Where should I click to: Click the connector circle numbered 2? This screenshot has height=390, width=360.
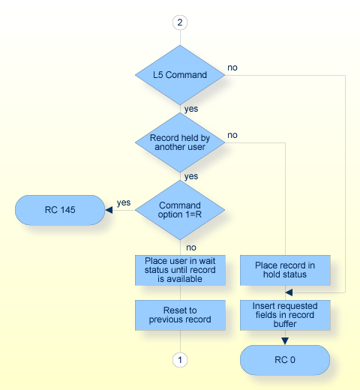pyautogui.click(x=179, y=22)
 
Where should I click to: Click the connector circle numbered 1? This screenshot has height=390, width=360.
pyautogui.click(x=179, y=360)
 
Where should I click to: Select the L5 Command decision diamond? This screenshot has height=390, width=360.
pyautogui.click(x=179, y=75)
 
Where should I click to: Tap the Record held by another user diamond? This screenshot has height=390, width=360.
pyautogui.click(x=179, y=142)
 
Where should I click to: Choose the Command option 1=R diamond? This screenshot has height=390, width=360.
pyautogui.click(x=179, y=210)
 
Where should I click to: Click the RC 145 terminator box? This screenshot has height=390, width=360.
pyautogui.click(x=60, y=210)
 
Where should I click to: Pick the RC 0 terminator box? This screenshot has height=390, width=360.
pyautogui.click(x=285, y=360)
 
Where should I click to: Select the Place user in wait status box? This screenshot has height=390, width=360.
pyautogui.click(x=179, y=270)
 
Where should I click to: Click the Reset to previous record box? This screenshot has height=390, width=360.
pyautogui.click(x=179, y=315)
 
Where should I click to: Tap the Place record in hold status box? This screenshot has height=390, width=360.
pyautogui.click(x=285, y=270)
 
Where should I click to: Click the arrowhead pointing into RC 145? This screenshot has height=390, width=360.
pyautogui.click(x=109, y=210)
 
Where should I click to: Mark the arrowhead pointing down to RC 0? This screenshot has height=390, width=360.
pyautogui.click(x=285, y=340)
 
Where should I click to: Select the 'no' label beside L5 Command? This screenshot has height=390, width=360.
pyautogui.click(x=233, y=67)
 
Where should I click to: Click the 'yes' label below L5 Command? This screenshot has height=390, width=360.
pyautogui.click(x=191, y=108)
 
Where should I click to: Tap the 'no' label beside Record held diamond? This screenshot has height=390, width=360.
pyautogui.click(x=232, y=135)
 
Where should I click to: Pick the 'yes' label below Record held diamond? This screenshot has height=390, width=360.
pyautogui.click(x=191, y=175)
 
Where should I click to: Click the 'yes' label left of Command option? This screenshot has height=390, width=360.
pyautogui.click(x=123, y=202)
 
